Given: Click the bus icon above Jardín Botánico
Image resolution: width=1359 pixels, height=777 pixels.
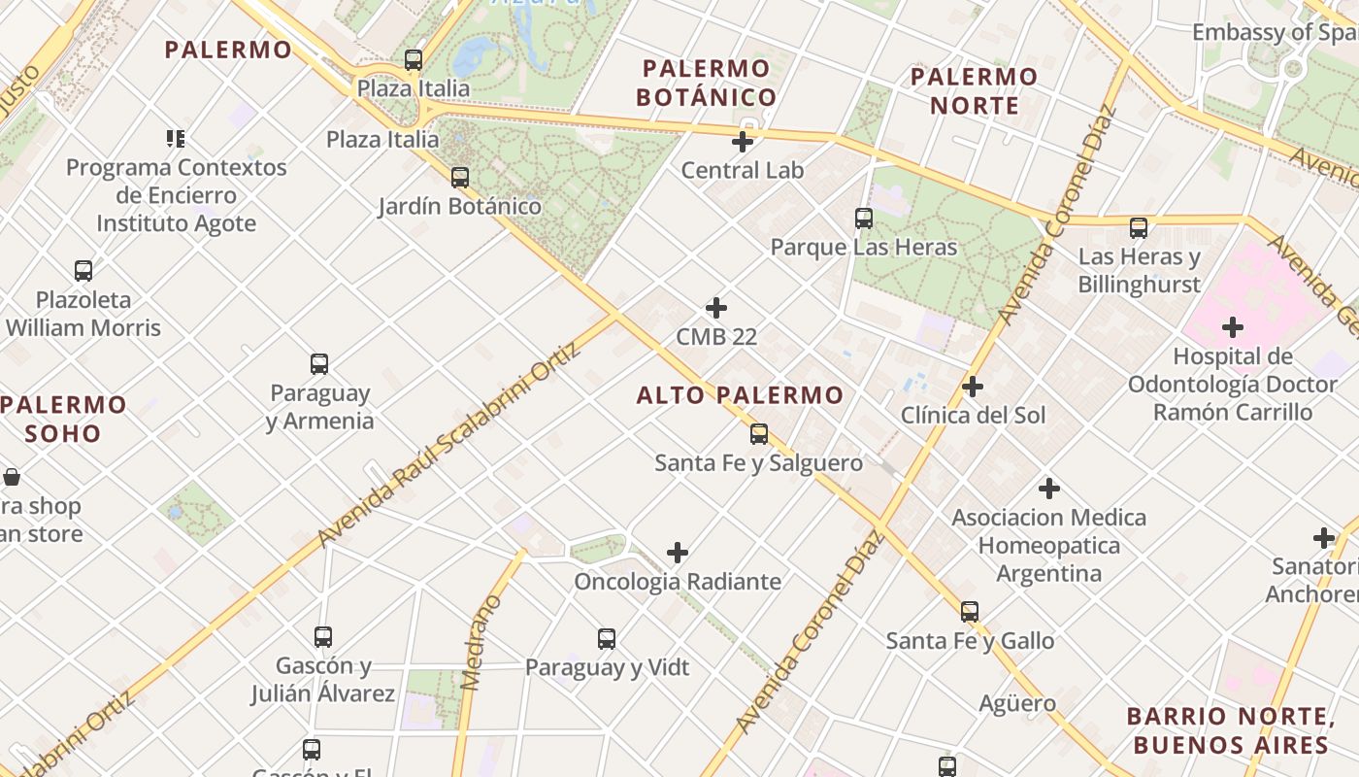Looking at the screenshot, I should [460, 178].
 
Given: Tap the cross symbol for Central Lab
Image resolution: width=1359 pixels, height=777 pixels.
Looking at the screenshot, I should [743, 142].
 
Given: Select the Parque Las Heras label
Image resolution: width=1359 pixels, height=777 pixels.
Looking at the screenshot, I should [864, 247].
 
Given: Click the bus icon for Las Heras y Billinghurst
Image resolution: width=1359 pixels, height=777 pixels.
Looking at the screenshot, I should [1139, 228].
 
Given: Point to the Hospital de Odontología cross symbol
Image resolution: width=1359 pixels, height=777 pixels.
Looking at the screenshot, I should [1233, 326].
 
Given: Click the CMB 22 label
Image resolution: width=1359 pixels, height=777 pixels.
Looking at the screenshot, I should [716, 337].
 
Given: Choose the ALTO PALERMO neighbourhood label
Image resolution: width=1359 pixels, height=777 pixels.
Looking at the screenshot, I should [740, 395].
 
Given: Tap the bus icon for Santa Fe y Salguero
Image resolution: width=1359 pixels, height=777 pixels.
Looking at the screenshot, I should [759, 433].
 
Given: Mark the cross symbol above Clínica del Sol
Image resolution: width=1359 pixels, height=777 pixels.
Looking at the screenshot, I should [973, 387].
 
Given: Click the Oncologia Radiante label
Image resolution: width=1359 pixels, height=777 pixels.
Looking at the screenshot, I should [678, 582].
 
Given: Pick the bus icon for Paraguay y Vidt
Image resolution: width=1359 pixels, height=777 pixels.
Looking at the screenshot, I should [607, 638].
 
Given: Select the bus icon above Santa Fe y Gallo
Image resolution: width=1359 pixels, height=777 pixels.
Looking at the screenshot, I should [970, 612].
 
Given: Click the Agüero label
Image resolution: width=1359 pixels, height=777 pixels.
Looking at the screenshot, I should [1017, 702].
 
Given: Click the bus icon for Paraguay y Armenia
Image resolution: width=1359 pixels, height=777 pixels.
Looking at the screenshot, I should [319, 364].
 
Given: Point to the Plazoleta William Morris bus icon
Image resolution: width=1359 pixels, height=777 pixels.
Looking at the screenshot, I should [83, 271].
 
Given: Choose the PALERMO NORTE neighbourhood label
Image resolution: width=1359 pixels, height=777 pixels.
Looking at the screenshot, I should [975, 90].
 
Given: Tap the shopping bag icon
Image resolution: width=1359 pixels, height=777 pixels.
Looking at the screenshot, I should [12, 477].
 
